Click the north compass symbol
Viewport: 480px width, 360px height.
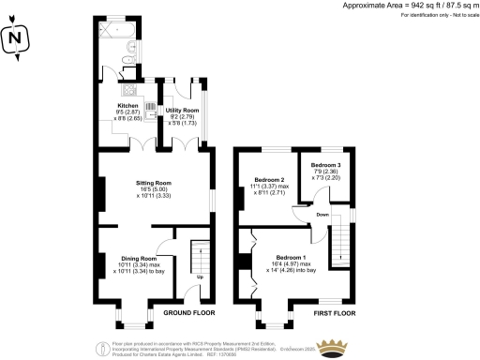coord(14,38)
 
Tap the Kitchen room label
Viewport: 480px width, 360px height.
coord(127,106)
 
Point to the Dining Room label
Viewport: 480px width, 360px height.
coord(136,258)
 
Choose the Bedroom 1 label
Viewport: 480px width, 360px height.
coord(291,257)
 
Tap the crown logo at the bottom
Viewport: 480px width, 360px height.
coord(331,348)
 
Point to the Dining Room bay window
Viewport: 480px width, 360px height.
coord(136,323)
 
